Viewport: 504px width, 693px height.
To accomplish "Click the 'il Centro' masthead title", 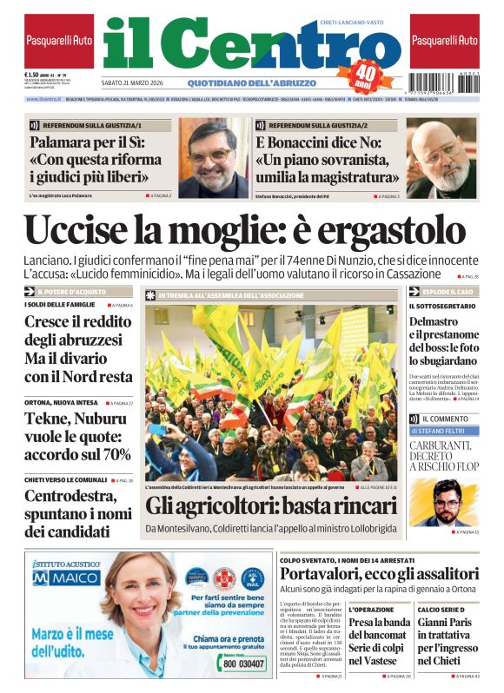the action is [230, 43].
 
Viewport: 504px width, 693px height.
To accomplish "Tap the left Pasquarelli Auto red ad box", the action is [59, 41].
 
